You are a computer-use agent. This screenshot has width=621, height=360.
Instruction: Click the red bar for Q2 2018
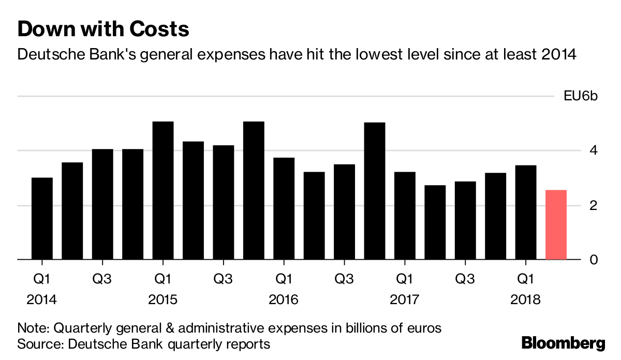coord(556,224)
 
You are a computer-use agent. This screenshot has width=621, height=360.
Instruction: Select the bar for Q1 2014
coord(42,218)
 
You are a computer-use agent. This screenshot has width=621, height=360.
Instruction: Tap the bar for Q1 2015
coord(163,190)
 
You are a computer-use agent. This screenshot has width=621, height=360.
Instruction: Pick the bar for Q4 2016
coord(374,191)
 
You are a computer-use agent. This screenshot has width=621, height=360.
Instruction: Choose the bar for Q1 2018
coord(526,212)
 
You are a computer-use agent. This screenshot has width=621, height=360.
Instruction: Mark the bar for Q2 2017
coord(435,222)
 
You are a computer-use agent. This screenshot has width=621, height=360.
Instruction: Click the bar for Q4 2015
coord(254,190)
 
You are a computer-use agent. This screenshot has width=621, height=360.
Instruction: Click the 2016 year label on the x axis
coord(284,300)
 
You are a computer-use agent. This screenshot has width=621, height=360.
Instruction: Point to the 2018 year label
coord(526,300)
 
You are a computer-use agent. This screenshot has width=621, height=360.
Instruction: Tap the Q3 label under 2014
coord(102,280)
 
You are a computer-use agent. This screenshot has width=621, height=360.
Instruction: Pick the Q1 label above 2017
coord(404,280)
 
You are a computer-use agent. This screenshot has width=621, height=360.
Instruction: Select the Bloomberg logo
coord(563,342)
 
